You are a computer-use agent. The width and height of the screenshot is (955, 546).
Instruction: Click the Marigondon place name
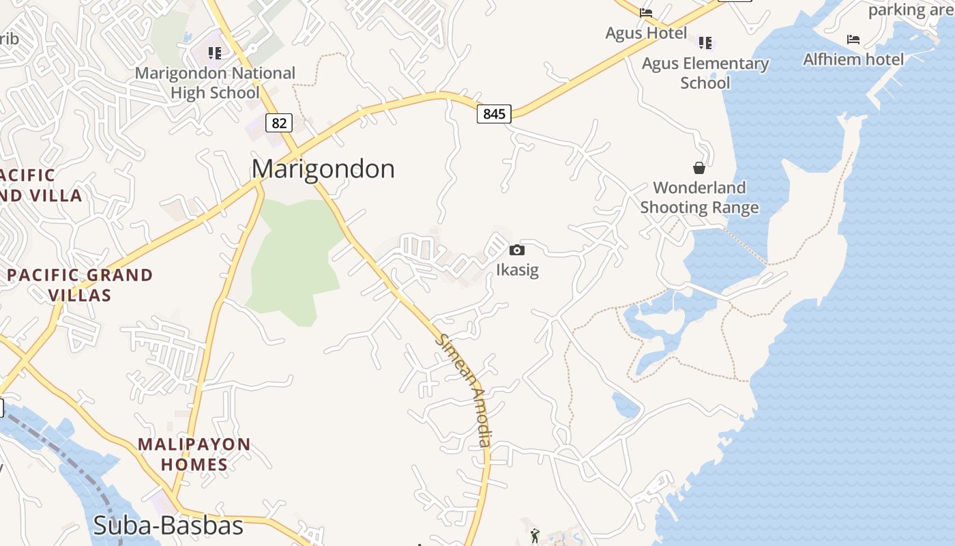tap(323, 169)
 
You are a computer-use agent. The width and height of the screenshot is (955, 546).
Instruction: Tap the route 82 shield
tap(279, 123)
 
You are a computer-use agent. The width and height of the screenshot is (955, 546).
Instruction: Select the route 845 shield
tap(494, 113)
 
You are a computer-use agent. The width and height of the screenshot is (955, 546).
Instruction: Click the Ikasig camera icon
tap(517, 250)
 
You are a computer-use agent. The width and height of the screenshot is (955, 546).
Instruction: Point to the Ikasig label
tap(517, 270)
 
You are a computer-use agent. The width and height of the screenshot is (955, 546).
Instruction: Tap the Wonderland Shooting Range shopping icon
tap(699, 167)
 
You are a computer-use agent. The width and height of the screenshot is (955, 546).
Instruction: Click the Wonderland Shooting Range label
tap(699, 197)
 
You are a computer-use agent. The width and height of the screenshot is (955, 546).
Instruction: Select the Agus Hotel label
tap(646, 33)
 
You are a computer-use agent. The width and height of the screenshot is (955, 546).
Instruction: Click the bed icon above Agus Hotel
tap(646, 12)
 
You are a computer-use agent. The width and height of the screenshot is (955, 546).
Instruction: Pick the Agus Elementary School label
tap(705, 73)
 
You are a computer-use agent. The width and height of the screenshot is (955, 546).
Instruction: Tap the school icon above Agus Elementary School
tap(705, 43)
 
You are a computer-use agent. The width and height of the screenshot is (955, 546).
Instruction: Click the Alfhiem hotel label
tap(853, 59)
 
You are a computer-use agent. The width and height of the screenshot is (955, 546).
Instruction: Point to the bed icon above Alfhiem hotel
tap(853, 39)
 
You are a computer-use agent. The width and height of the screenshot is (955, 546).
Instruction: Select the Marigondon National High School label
tap(215, 83)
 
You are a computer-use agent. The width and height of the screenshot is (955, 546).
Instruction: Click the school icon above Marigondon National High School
tap(215, 53)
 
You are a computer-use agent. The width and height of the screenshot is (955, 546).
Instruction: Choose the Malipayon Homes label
tap(194, 455)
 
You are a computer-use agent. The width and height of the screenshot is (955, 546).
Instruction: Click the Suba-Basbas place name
tap(168, 526)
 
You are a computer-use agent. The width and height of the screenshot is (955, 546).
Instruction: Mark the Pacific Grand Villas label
tap(80, 285)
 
